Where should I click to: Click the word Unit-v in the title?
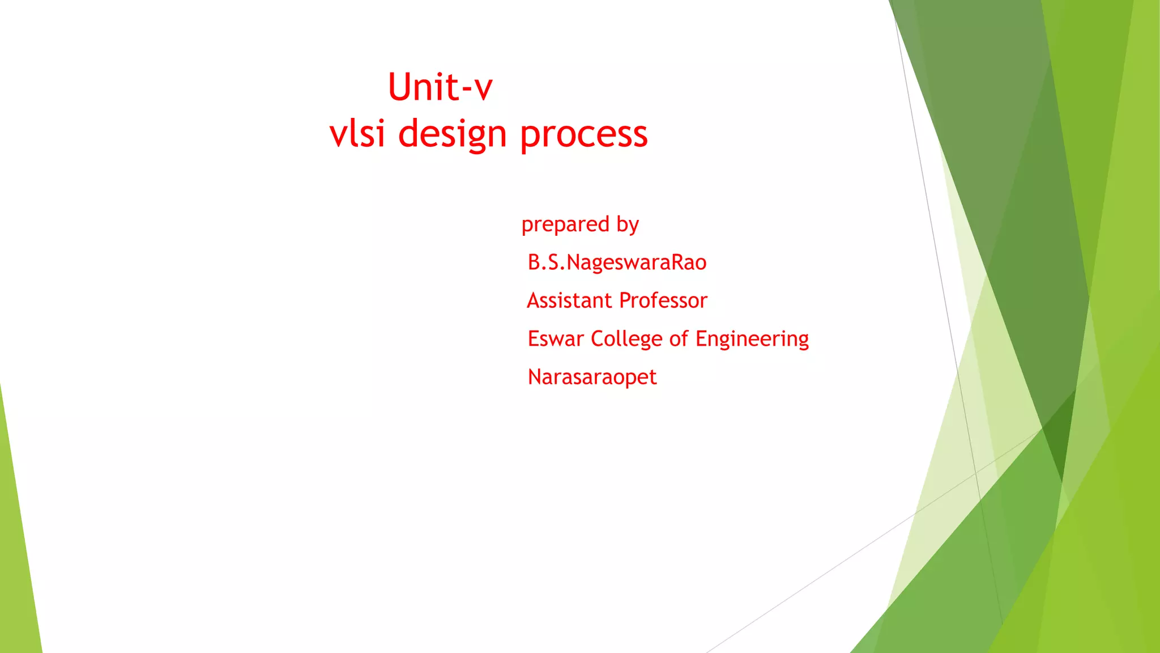click(440, 88)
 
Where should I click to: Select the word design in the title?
click(453, 135)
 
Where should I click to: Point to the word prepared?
click(565, 225)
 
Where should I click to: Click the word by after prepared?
click(628, 225)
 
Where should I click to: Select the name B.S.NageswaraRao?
click(617, 262)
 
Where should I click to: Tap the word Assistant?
click(569, 300)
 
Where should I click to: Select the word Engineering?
click(752, 340)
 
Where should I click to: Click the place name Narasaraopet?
click(592, 378)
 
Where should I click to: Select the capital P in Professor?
click(625, 300)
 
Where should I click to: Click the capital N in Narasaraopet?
click(535, 376)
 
